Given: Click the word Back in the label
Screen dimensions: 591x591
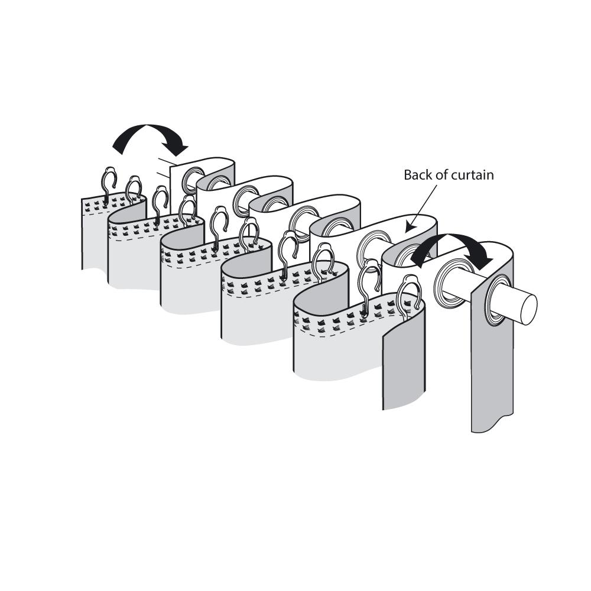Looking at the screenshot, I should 417,175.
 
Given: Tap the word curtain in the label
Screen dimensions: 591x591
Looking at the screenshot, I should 473,175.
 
